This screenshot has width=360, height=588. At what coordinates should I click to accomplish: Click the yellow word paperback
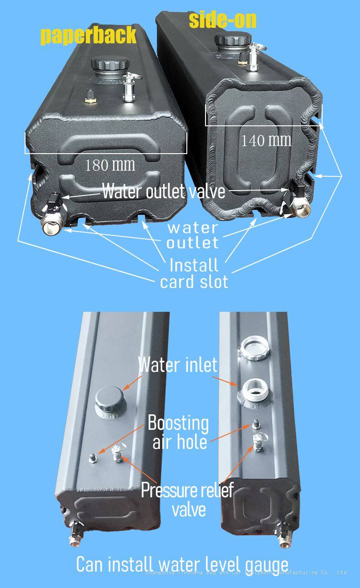[88, 36]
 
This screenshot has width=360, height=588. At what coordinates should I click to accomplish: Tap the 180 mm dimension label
[110, 165]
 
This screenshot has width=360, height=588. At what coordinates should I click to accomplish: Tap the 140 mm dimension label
[266, 140]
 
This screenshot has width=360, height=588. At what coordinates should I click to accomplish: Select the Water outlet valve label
[163, 191]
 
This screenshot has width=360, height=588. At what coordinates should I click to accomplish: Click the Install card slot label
[194, 273]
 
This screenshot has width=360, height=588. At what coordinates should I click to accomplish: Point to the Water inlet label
[178, 365]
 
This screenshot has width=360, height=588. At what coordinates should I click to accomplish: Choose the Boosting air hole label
[179, 432]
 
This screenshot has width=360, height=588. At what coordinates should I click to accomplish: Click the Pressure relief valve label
[187, 500]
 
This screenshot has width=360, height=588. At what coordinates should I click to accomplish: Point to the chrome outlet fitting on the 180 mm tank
[51, 226]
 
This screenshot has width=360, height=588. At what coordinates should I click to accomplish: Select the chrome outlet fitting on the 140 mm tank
[301, 209]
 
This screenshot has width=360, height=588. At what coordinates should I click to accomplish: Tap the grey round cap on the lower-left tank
[108, 399]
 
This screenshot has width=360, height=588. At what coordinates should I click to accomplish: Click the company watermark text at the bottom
[246, 573]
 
